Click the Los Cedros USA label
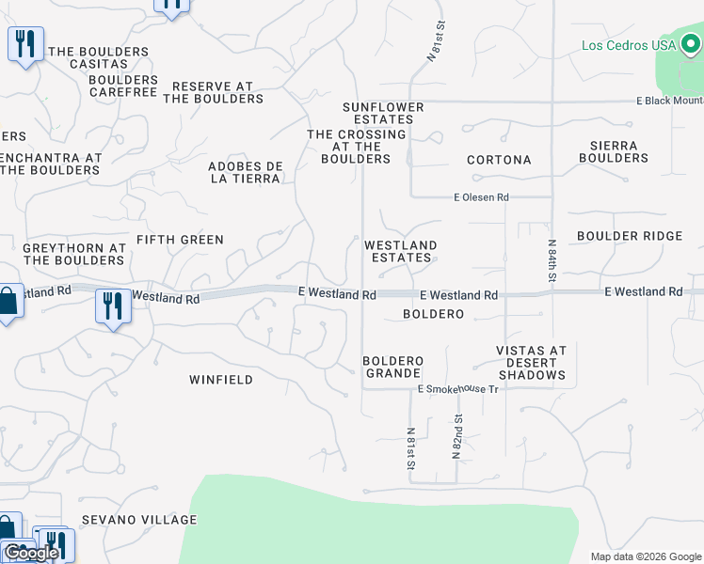point(629,45)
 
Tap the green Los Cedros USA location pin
point(692,42)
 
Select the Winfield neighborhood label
point(221,380)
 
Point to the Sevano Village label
point(139,520)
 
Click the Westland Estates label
point(401,251)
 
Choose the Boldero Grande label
point(393,367)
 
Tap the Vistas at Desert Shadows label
point(532,363)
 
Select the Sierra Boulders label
point(614,151)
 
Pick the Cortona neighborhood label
point(499,160)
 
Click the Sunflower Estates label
point(383,114)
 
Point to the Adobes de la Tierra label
point(245,172)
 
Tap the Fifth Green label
point(180,240)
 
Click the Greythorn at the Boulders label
point(74,254)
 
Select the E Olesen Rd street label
point(481,197)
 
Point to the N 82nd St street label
point(457,436)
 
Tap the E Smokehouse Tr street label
point(457,388)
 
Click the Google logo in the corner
point(31,553)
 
